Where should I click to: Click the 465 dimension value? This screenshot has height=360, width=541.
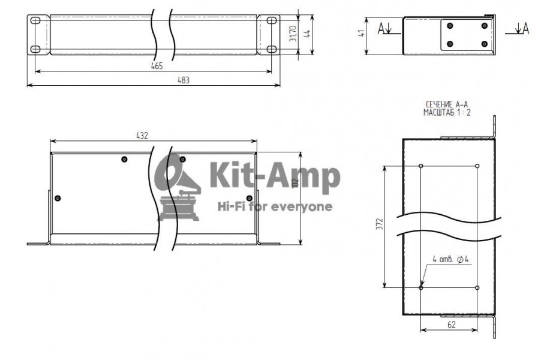[x=156, y=66]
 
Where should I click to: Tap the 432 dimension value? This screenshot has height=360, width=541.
[x=142, y=136]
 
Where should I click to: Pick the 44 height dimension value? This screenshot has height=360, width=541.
[x=306, y=35]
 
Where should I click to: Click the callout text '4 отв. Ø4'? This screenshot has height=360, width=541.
[x=450, y=260]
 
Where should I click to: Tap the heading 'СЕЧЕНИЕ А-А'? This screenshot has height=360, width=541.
[x=447, y=105]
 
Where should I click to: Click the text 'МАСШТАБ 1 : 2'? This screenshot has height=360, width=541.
[x=447, y=112]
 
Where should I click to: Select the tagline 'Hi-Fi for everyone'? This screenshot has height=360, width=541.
[x=274, y=207]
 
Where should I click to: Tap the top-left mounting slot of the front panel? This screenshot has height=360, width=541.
[x=35, y=21]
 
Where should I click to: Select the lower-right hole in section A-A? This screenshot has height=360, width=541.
[x=477, y=287]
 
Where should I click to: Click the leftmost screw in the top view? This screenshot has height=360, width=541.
[x=58, y=198]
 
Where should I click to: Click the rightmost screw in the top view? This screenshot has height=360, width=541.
[x=250, y=198]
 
